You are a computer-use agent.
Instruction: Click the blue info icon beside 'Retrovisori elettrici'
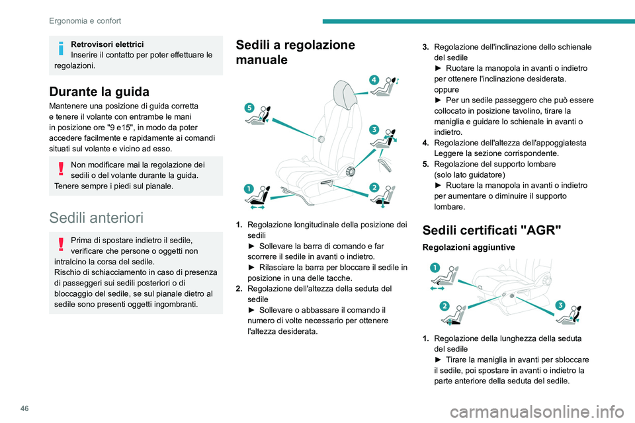click(x=61, y=49)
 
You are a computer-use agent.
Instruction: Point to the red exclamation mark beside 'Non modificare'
click(x=61, y=170)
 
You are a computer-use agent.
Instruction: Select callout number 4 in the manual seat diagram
click(x=374, y=79)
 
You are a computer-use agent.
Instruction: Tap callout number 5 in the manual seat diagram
click(x=249, y=107)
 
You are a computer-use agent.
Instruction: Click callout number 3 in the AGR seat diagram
click(x=560, y=305)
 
